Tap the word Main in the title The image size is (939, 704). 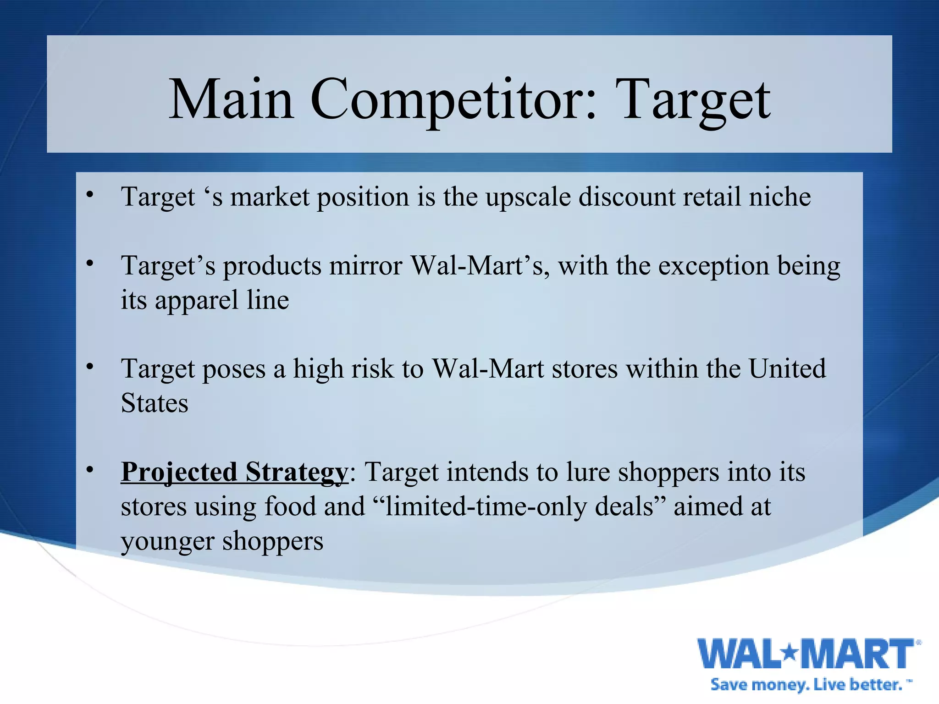tap(232, 99)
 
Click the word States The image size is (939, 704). tap(155, 403)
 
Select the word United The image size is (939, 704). tap(787, 369)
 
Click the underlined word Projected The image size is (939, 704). tap(179, 473)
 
